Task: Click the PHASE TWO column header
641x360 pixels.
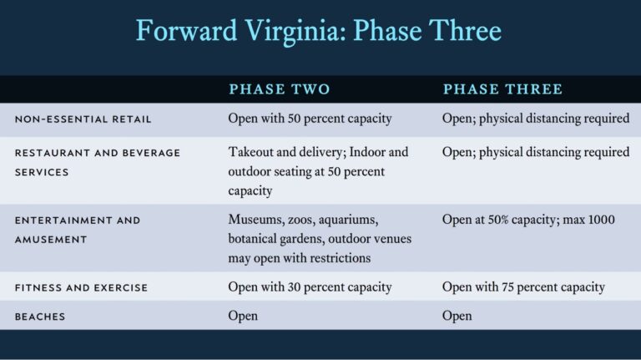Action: point(280,89)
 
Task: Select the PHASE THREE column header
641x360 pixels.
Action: point(502,89)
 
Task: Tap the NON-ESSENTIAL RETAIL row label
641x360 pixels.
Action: point(83,119)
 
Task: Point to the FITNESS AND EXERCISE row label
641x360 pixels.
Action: point(81,287)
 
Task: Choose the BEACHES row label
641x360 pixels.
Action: point(40,317)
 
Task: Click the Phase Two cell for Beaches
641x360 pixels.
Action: point(243,316)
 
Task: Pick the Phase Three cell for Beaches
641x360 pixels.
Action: point(457,316)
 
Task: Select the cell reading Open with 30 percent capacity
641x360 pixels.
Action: point(310,287)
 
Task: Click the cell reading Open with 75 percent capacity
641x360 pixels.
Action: point(523,287)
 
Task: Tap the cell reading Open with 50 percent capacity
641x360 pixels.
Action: point(310,119)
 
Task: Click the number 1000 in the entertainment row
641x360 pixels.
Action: point(598,220)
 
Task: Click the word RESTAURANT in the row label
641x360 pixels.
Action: point(52,153)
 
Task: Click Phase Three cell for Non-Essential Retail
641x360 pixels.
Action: point(536,119)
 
